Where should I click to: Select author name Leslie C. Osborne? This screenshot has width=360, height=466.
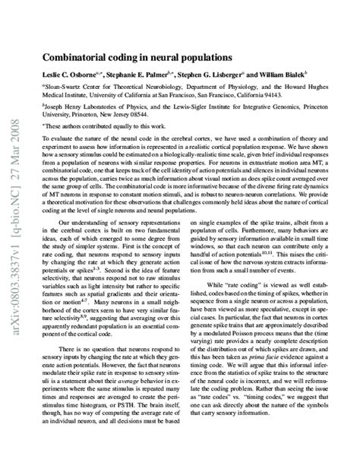(84, 74)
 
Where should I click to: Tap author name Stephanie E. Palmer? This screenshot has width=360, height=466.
(154, 74)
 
